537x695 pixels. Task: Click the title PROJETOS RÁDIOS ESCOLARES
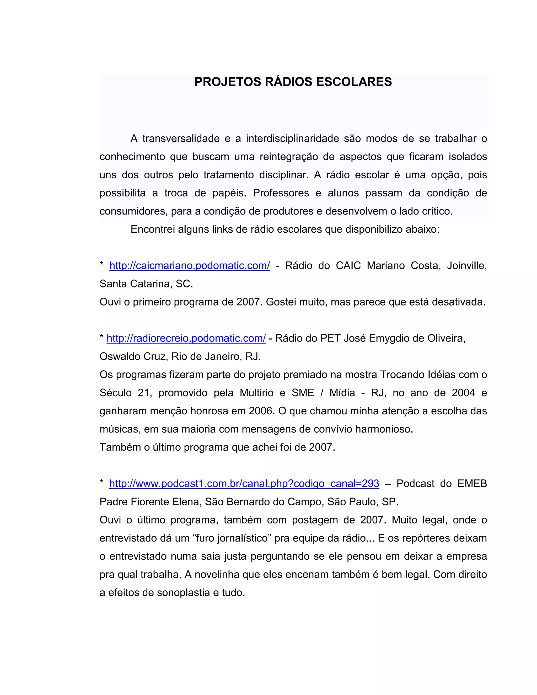coord(293,82)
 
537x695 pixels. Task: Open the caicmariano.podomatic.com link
coord(190,265)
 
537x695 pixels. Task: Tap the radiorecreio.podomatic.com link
coord(186,338)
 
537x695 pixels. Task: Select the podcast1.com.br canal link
coord(244,483)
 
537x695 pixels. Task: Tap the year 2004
coord(463,393)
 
